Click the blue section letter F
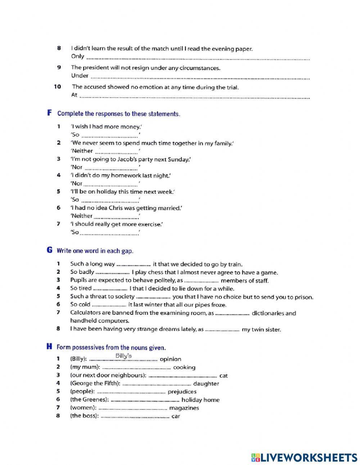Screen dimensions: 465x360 (50, 113)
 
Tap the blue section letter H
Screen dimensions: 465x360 (49, 347)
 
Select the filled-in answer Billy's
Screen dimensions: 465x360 (123, 356)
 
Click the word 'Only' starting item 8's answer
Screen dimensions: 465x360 (77, 56)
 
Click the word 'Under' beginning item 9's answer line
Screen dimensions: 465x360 (80, 76)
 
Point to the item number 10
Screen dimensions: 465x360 (58, 87)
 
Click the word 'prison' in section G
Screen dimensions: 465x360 (304, 297)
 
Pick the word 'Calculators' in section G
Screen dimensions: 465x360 (86, 313)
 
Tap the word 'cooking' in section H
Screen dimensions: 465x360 (184, 367)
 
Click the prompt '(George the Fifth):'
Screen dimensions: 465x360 (95, 384)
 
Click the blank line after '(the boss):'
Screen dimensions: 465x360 (135, 417)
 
